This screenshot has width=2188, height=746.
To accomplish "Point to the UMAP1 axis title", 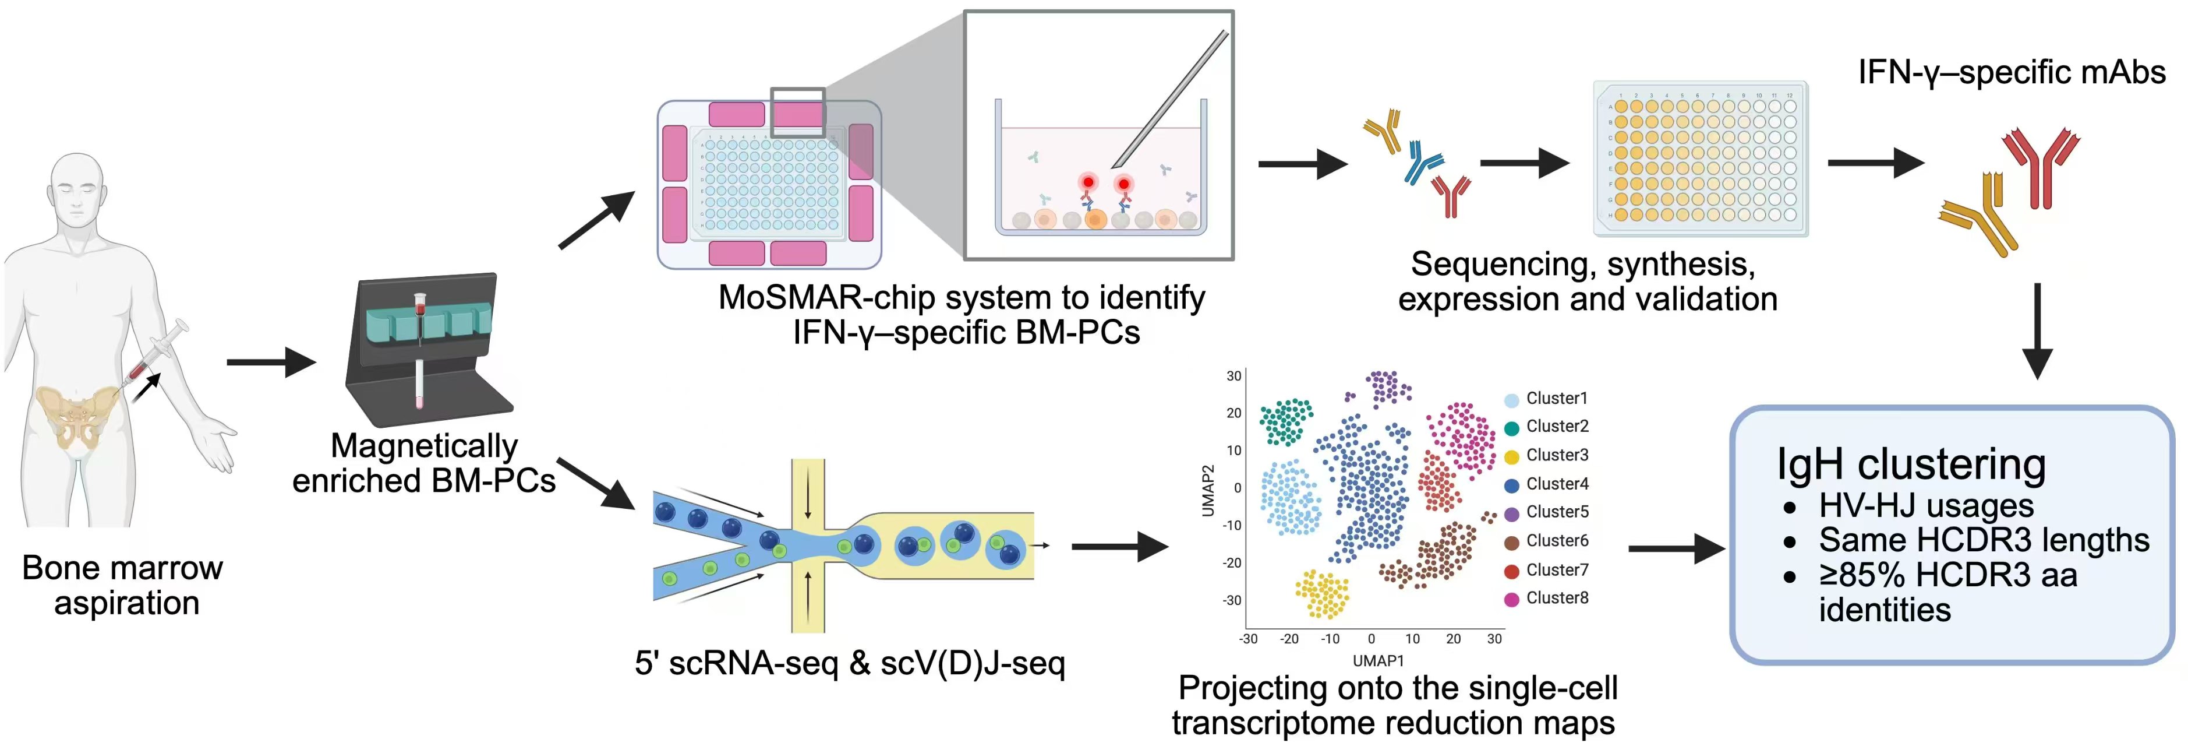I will tap(1378, 661).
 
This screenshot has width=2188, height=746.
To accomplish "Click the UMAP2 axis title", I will tap(1208, 490).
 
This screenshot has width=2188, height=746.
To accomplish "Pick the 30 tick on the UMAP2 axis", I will tap(1233, 375).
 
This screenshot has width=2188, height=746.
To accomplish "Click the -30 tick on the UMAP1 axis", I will tap(1247, 639).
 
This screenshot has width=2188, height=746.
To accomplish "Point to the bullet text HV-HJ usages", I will tap(1925, 506).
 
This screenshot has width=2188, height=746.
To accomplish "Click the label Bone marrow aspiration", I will tap(123, 585).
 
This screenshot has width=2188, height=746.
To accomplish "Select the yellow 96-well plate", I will tap(1701, 159).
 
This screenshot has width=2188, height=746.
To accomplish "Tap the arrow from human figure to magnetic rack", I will tap(270, 363).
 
